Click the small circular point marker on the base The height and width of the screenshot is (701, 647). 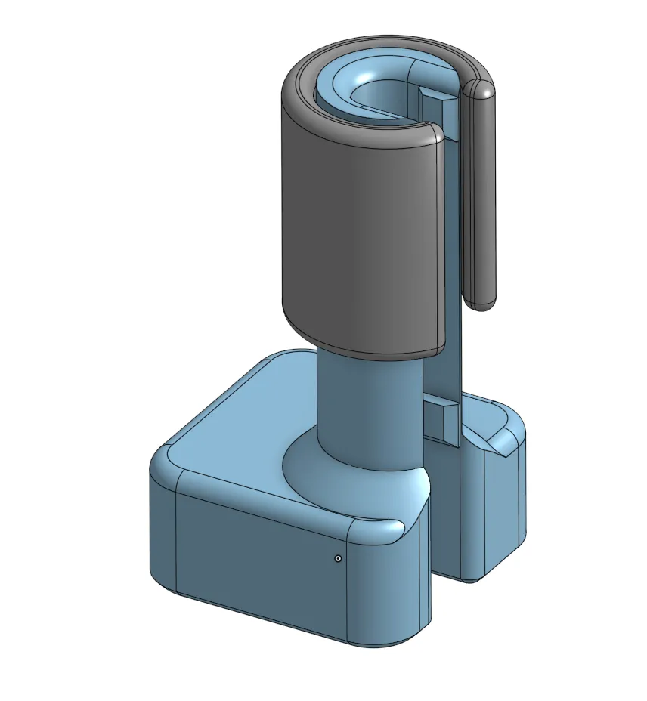pos(338,558)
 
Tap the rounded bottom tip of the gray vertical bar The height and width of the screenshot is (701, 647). pos(481,300)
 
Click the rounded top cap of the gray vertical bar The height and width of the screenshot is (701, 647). pos(481,89)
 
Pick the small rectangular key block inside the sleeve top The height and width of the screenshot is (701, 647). pos(438,97)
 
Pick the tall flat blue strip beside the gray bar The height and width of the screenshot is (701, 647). pos(452,249)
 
